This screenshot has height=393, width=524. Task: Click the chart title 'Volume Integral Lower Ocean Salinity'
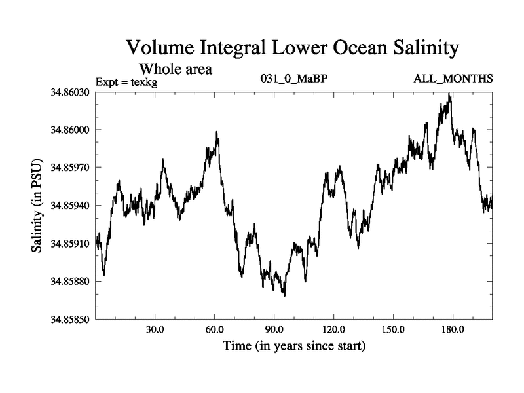[292, 48]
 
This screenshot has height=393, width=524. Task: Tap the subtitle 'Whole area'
[176, 68]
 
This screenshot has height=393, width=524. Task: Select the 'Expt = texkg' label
[126, 81]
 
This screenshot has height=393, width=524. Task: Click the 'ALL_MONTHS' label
[453, 79]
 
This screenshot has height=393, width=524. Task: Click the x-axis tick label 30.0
[155, 329]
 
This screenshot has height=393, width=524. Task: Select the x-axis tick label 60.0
[215, 329]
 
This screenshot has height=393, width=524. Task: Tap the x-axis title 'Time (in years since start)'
[294, 345]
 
